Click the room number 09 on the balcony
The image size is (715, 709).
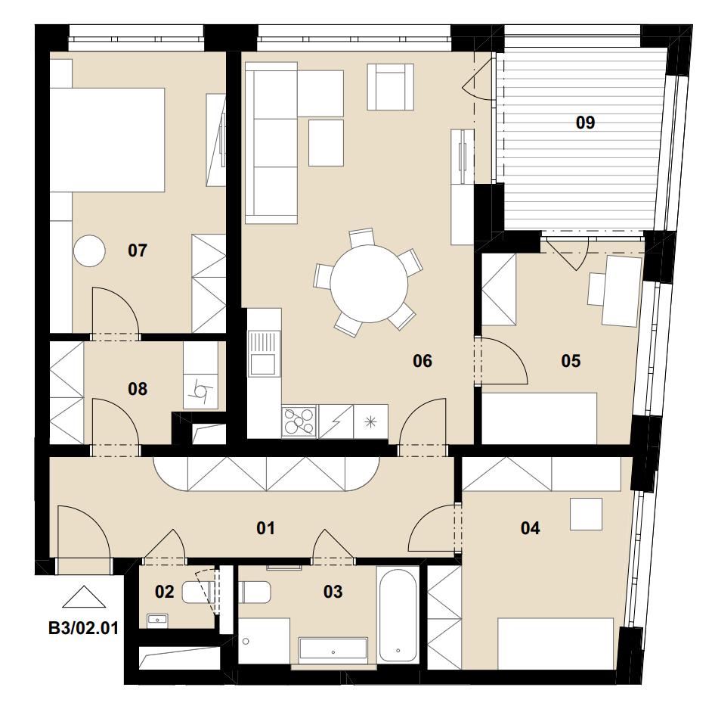tap(585, 123)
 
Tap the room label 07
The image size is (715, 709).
tap(138, 250)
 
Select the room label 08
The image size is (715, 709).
tap(138, 389)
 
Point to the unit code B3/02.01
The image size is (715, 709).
tap(83, 628)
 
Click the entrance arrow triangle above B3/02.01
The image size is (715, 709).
tap(84, 597)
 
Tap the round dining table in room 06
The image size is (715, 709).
tap(369, 284)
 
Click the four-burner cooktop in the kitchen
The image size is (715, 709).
tap(299, 421)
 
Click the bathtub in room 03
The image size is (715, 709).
tap(398, 614)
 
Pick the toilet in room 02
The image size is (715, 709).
tap(199, 592)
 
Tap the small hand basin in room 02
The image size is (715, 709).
tap(157, 620)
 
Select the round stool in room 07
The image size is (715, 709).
tap(89, 251)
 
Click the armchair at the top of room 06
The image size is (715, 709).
tap(391, 87)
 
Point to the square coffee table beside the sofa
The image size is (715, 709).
tap(326, 143)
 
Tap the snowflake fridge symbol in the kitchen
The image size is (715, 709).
tap(370, 421)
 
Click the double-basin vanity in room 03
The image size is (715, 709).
tap(333, 651)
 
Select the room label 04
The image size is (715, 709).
tap(530, 528)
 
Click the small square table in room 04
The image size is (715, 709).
tap(586, 514)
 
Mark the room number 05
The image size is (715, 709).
tap(571, 361)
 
